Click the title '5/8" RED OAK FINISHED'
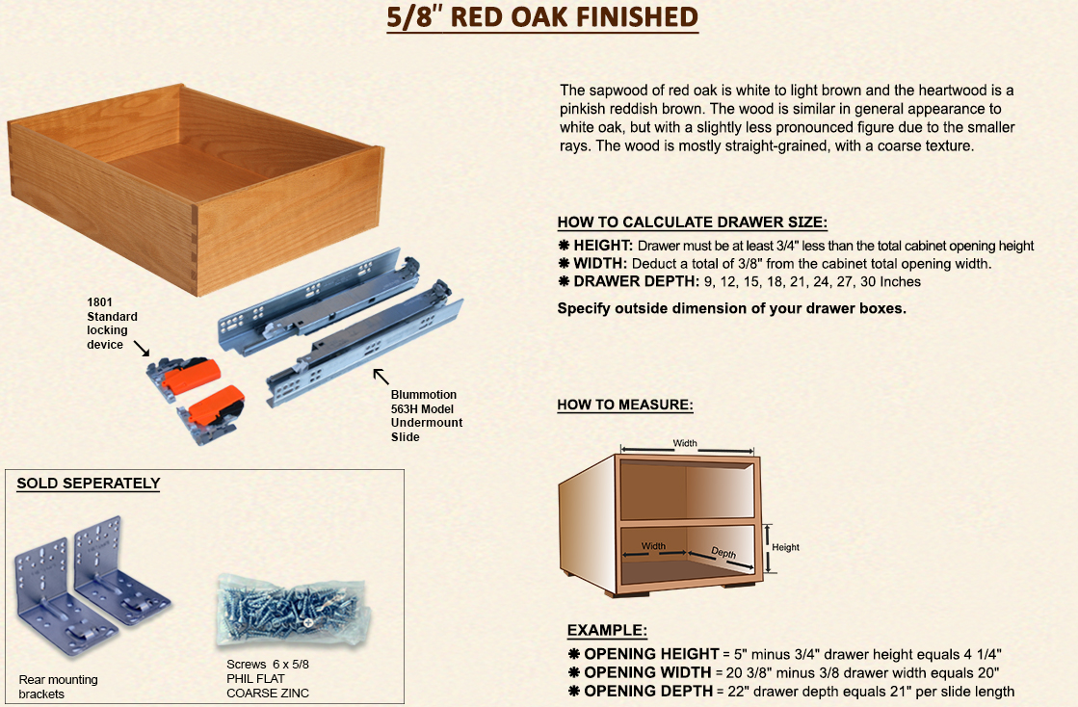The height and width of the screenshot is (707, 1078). click(x=541, y=17)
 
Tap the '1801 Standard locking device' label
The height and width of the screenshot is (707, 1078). click(x=112, y=323)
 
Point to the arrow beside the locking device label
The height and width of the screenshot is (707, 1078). click(x=142, y=349)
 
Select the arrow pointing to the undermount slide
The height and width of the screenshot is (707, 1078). click(x=381, y=376)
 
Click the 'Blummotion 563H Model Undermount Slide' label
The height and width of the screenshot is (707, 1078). click(x=426, y=416)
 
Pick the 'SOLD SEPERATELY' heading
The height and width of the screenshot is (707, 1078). click(x=88, y=483)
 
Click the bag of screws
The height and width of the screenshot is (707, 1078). click(x=294, y=610)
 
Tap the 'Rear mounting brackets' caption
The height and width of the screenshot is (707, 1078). click(x=59, y=687)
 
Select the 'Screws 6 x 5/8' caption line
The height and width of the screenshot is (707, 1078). click(x=268, y=665)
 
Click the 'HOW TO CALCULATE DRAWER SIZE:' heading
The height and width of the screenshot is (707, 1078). click(x=693, y=223)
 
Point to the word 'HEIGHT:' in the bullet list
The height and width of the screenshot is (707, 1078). click(x=603, y=246)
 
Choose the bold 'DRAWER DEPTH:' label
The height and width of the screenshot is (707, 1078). click(x=636, y=281)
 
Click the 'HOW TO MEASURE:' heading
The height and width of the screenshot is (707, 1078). click(x=625, y=405)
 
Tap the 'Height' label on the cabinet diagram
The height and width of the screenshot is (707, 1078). click(x=785, y=547)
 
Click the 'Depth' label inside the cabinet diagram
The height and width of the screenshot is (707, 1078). click(x=723, y=553)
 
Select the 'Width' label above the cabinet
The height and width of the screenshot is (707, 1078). click(x=685, y=443)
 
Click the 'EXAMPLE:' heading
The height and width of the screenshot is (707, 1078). click(x=607, y=631)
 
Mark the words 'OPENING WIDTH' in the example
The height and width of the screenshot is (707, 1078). click(x=647, y=672)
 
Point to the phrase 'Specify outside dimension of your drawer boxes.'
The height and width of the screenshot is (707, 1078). click(x=731, y=308)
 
